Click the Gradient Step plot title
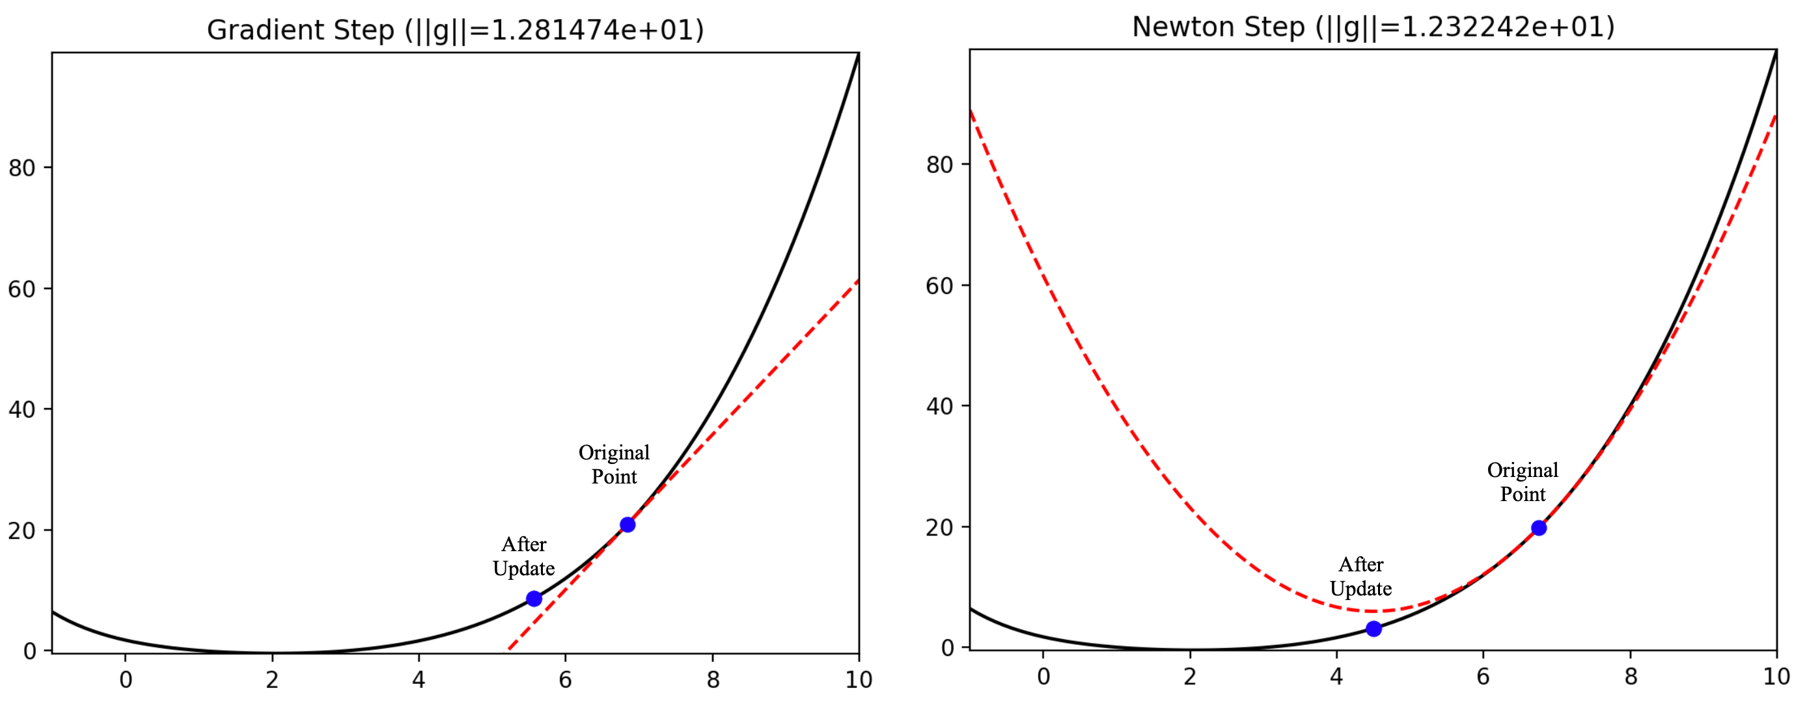(x=455, y=30)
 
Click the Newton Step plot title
(x=1373, y=27)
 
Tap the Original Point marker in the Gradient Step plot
(x=627, y=525)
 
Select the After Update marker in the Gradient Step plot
(x=534, y=599)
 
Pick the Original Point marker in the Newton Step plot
(x=1538, y=528)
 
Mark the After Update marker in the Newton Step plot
(x=1373, y=629)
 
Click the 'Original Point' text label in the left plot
(x=614, y=465)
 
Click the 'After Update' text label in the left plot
(x=523, y=556)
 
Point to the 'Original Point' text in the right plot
(x=1522, y=482)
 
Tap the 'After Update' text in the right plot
(x=1360, y=576)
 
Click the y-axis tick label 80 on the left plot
(x=21, y=169)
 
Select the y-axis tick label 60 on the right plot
(x=939, y=286)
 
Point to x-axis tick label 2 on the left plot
(x=272, y=680)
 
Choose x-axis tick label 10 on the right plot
(x=1776, y=677)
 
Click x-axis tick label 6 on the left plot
(x=566, y=680)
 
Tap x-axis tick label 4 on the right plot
(x=1336, y=677)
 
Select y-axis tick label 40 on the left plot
(x=21, y=410)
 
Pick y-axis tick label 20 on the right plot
(x=939, y=528)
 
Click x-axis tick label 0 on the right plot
(x=1043, y=677)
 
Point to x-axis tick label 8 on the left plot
(x=713, y=680)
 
